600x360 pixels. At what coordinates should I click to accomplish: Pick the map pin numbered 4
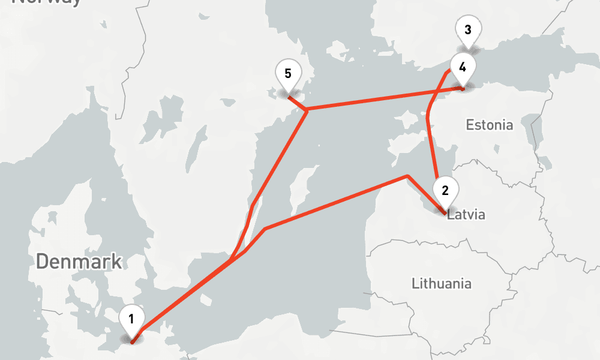[462, 67]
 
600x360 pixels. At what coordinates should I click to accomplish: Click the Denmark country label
[79, 262]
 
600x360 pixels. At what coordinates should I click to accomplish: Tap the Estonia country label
[490, 125]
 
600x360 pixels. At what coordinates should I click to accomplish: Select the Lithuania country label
[442, 283]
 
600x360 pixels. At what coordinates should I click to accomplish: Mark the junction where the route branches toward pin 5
[307, 110]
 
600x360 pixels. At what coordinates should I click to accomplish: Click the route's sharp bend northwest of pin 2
[407, 176]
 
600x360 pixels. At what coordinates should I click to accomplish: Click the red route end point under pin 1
[133, 340]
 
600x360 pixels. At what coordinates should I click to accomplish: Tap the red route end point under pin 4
[462, 89]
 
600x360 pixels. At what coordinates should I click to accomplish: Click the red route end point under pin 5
[289, 95]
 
